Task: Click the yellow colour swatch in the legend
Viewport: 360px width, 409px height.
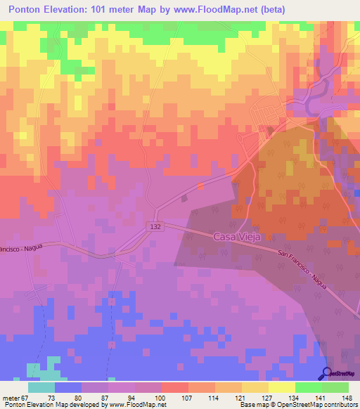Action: click(x=281, y=387)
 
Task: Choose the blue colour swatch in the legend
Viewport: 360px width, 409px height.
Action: click(x=68, y=387)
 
